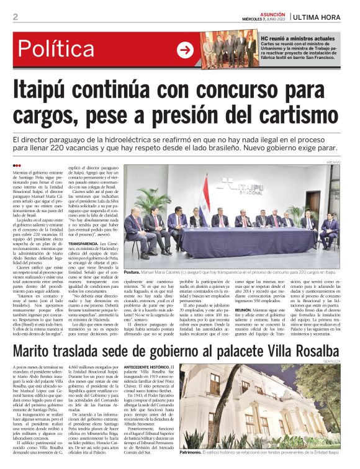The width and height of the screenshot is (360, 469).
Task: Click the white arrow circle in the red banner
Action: (185, 50)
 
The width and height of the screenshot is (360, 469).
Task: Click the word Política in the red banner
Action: (55, 50)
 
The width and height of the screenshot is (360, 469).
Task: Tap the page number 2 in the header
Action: (16, 16)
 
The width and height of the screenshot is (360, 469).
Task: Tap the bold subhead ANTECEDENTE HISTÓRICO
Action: (150, 368)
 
